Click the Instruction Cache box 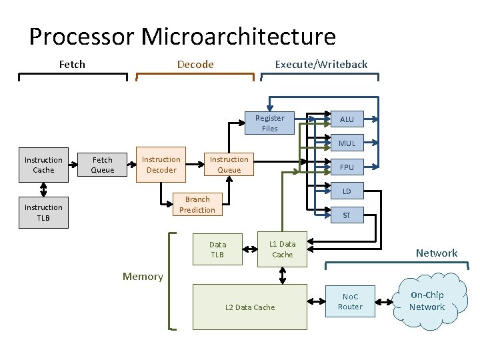pyautogui.click(x=43, y=165)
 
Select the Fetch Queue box pyautogui.click(x=103, y=165)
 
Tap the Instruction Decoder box pyautogui.click(x=161, y=164)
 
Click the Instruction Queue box pyautogui.click(x=229, y=164)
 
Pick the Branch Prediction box pyautogui.click(x=197, y=204)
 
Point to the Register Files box pyautogui.click(x=269, y=123)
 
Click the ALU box pyautogui.click(x=347, y=119)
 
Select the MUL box pyautogui.click(x=347, y=143)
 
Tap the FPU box pyautogui.click(x=347, y=167)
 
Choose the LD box pyautogui.click(x=347, y=191)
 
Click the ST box pyautogui.click(x=347, y=215)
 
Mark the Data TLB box pyautogui.click(x=217, y=249)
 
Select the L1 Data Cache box pyautogui.click(x=282, y=249)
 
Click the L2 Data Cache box pyautogui.click(x=250, y=307)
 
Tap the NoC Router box pyautogui.click(x=350, y=302)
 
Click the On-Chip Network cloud pyautogui.click(x=427, y=301)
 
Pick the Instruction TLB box pyautogui.click(x=43, y=212)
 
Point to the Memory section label pyautogui.click(x=143, y=277)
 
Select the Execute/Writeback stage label pyautogui.click(x=321, y=64)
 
